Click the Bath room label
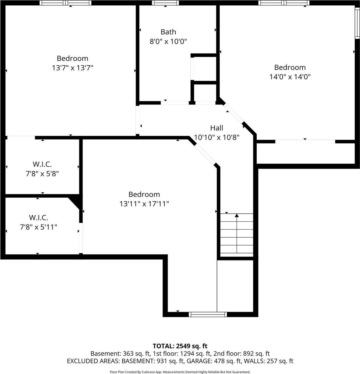pos(168,32)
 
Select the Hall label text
pos(216,128)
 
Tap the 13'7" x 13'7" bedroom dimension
pos(73,68)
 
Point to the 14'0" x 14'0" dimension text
pos(290,77)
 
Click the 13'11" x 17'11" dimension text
pos(144,204)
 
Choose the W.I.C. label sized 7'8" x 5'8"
pos(42,164)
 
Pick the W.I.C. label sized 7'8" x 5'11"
pos(39,218)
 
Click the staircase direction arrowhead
pos(237,215)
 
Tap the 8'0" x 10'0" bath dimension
pos(168,41)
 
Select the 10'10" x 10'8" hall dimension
pos(217,137)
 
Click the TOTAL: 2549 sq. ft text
pos(180,346)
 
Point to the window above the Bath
pos(165,3)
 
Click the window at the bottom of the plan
pos(208,314)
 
